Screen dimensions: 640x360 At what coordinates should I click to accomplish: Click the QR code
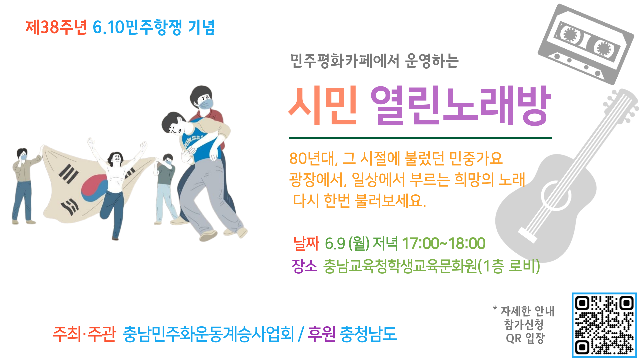[604, 325]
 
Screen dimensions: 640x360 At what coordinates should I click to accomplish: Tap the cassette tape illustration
[586, 44]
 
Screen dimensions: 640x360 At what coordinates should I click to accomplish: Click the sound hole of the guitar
[556, 196]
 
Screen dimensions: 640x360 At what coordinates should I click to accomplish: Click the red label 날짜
[306, 243]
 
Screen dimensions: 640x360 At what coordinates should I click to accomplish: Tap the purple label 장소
[304, 266]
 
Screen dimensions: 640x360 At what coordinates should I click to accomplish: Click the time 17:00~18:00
[444, 244]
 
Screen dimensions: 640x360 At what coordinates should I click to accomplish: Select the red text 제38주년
[56, 27]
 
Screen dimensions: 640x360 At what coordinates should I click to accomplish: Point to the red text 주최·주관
[84, 334]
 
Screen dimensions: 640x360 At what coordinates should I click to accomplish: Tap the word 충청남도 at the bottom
[368, 334]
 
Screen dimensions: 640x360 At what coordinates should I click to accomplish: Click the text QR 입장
[525, 338]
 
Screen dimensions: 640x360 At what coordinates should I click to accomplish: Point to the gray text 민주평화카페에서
[345, 61]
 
